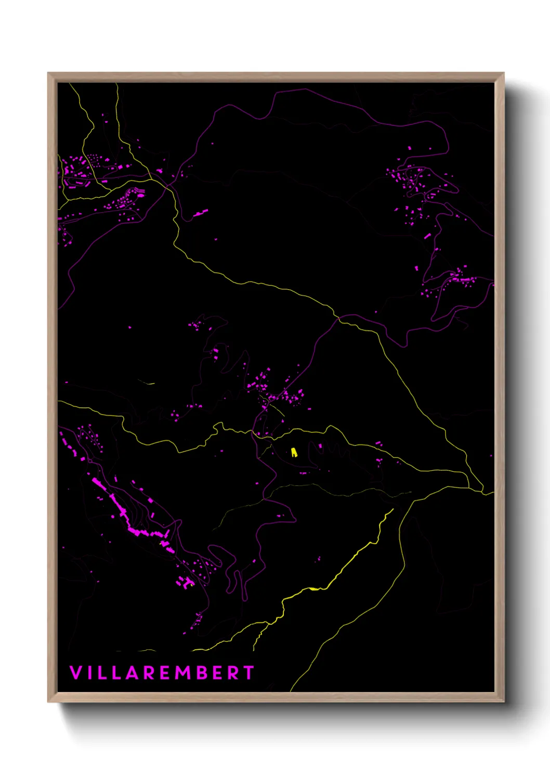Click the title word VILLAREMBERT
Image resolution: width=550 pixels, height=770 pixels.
click(162, 673)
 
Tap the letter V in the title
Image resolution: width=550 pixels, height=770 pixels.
click(75, 673)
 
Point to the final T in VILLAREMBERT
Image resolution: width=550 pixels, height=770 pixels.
click(248, 673)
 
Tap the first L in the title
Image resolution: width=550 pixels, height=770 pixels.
click(102, 673)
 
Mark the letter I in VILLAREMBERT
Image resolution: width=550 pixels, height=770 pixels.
click(89, 673)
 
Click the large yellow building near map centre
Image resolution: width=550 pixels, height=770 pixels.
click(294, 452)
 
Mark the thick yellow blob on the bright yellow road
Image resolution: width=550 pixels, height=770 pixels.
click(313, 589)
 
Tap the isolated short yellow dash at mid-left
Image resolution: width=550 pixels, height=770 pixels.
click(148, 383)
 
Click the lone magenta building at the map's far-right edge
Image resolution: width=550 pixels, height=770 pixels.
click(491, 456)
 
